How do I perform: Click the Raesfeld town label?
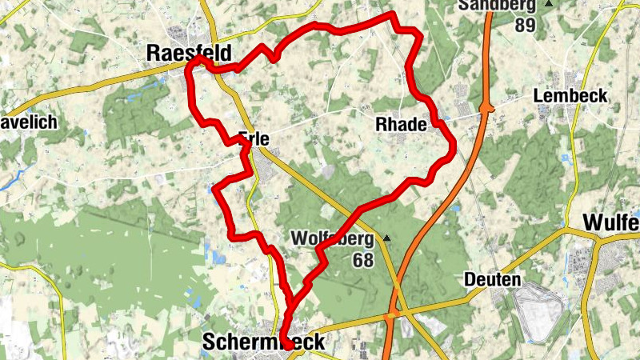[189, 53]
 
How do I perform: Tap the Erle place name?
[254, 138]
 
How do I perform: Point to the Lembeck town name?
[570, 96]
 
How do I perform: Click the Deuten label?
[492, 280]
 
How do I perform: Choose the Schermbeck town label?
[263, 342]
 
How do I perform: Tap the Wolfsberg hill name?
[332, 239]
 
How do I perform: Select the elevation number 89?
[525, 24]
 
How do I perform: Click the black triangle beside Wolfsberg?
[387, 238]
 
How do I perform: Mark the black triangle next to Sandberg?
[548, 4]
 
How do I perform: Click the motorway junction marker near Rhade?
[486, 106]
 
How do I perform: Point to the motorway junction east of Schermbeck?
[390, 318]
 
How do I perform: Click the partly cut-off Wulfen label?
[611, 222]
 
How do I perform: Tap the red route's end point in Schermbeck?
[285, 346]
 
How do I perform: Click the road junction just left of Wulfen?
[570, 230]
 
